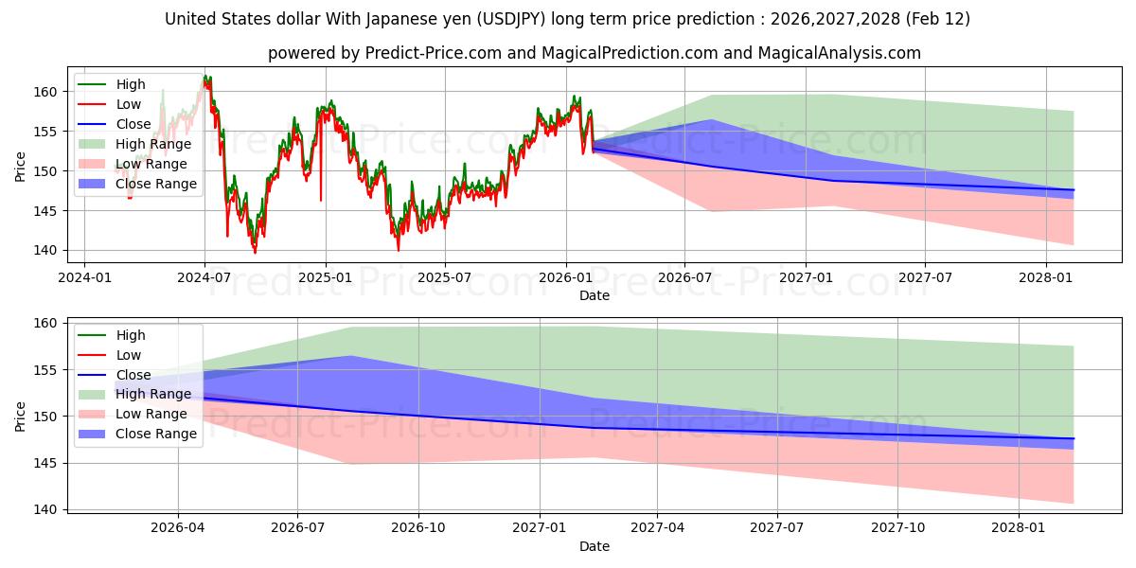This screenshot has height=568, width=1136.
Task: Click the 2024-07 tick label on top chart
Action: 204,279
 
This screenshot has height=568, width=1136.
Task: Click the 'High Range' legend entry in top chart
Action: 153,144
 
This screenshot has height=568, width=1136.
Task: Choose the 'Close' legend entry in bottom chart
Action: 133,375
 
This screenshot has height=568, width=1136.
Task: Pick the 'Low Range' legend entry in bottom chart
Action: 151,414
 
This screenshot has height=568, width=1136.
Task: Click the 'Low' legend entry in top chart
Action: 129,104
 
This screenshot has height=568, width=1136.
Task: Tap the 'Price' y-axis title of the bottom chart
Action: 21,416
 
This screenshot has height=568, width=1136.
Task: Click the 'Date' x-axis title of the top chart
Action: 594,296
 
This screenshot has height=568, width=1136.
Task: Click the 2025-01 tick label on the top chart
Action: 326,279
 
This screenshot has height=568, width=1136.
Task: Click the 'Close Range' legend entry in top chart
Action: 156,184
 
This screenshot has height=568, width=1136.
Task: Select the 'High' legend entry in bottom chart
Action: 130,335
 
